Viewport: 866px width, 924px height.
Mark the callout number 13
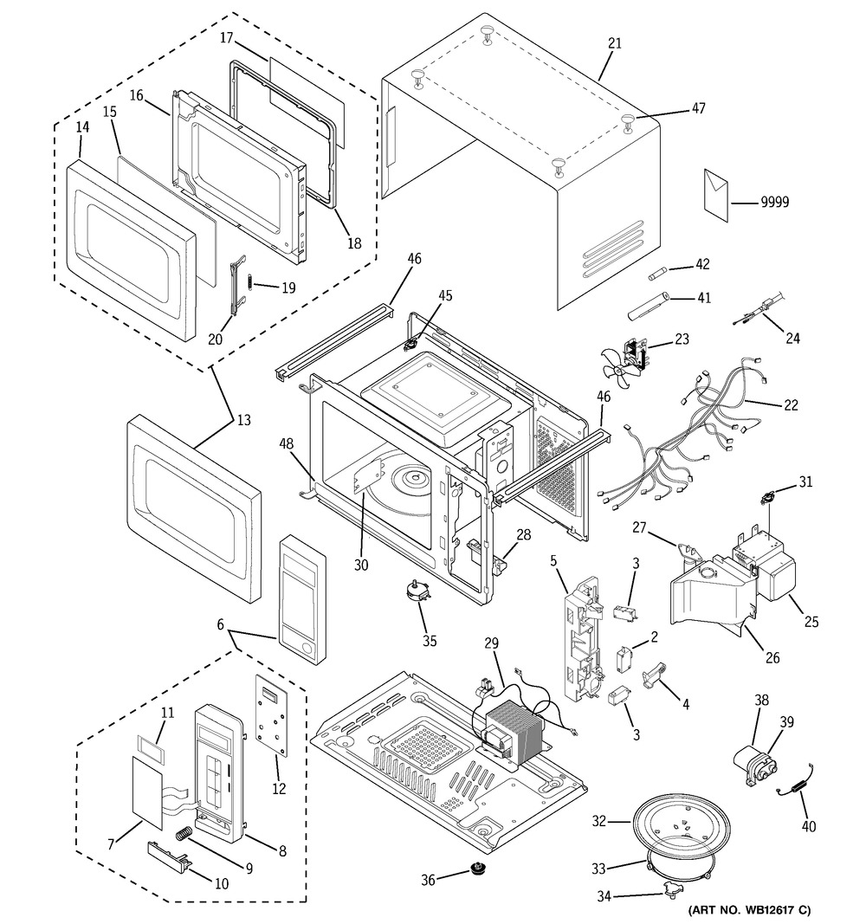pos(243,421)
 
